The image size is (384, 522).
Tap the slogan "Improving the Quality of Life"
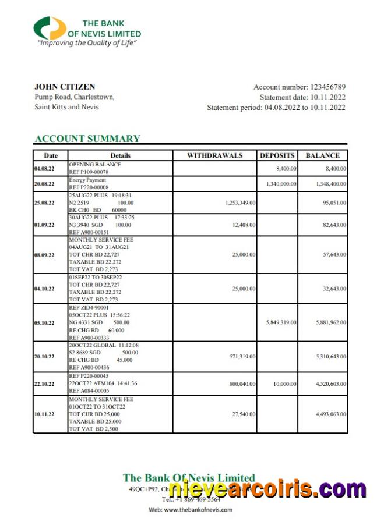click(x=87, y=43)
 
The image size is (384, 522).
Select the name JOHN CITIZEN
click(x=65, y=87)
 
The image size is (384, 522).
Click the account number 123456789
click(x=327, y=87)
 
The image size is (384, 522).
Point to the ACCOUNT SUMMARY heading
click(x=87, y=139)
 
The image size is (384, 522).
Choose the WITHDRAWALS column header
click(x=215, y=155)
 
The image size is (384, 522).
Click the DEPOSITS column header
click(x=277, y=155)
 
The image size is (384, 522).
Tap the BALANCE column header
click(x=322, y=155)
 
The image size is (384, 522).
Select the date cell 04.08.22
click(x=44, y=168)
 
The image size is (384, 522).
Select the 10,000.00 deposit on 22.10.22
click(x=284, y=383)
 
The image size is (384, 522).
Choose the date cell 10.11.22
click(x=44, y=414)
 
